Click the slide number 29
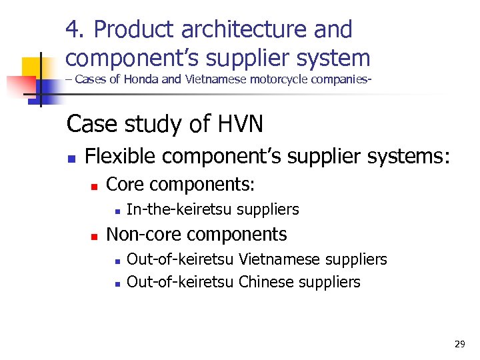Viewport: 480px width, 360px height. pyautogui.click(x=459, y=344)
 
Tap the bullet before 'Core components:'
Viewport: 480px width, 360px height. pyautogui.click(x=94, y=185)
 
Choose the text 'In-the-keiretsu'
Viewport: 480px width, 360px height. pyautogui.click(x=179, y=209)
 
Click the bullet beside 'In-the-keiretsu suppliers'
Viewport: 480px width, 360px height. pyautogui.click(x=116, y=211)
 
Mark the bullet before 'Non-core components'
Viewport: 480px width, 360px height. pyautogui.click(x=94, y=236)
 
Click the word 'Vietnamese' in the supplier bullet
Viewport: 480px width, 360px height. pyautogui.click(x=275, y=259)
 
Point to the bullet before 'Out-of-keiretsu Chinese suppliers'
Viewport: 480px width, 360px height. pyautogui.click(x=116, y=283)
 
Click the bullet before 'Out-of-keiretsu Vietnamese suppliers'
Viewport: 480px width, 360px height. pyautogui.click(x=116, y=260)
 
